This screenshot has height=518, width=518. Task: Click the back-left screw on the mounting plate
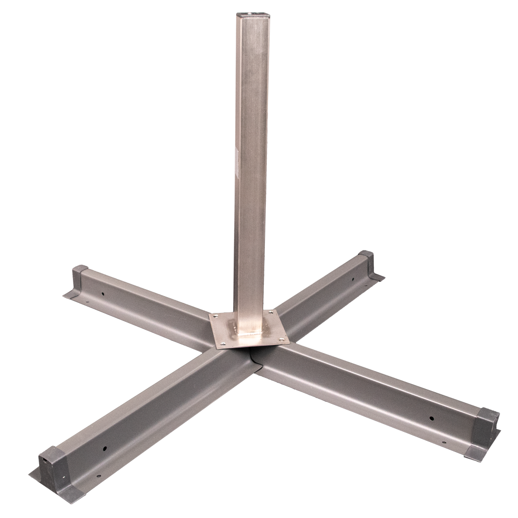pos(216,317)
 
